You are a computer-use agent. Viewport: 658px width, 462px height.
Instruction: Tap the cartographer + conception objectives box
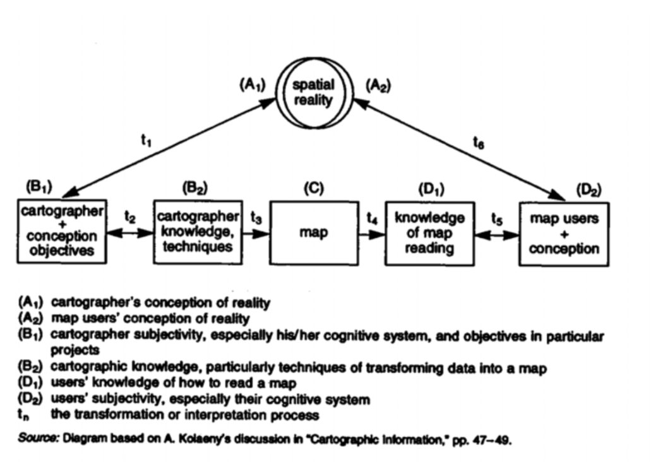pyautogui.click(x=61, y=231)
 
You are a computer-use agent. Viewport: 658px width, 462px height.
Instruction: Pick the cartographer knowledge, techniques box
pyautogui.click(x=198, y=231)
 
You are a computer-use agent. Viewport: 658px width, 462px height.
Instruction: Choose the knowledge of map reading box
pyautogui.click(x=429, y=233)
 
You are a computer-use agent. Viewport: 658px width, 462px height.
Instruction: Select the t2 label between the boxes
pyautogui.click(x=130, y=218)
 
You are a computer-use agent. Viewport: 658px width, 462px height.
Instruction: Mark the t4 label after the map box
pyautogui.click(x=372, y=218)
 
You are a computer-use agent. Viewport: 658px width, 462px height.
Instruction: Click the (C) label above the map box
pyautogui.click(x=314, y=188)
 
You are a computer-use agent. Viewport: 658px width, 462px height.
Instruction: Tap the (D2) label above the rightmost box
pyautogui.click(x=589, y=189)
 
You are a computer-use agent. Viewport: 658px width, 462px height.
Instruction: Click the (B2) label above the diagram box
pyautogui.click(x=195, y=187)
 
